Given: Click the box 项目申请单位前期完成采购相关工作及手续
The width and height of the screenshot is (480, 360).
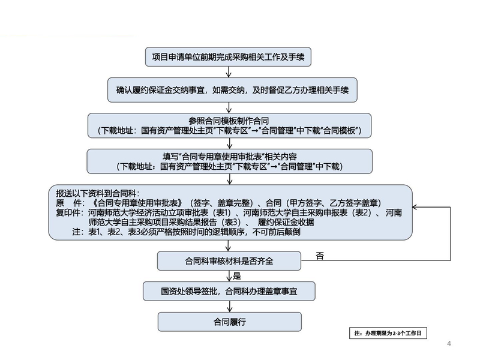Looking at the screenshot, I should (x=228, y=57).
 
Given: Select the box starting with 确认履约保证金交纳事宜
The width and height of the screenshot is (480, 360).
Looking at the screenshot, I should (x=232, y=90).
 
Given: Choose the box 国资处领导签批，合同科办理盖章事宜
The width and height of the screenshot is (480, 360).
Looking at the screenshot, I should (x=229, y=292).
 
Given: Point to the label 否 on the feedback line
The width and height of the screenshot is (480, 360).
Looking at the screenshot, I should (x=319, y=256).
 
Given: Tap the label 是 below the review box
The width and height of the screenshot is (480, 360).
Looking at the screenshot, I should (x=236, y=277).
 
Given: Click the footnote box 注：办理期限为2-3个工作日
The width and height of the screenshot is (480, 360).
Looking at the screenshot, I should (x=391, y=332).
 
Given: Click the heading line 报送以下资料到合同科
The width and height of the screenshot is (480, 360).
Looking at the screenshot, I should (x=97, y=194).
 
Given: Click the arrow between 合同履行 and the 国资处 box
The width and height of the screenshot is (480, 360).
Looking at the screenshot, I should (x=229, y=306).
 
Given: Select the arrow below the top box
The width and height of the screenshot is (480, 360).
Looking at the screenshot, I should (x=229, y=72).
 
